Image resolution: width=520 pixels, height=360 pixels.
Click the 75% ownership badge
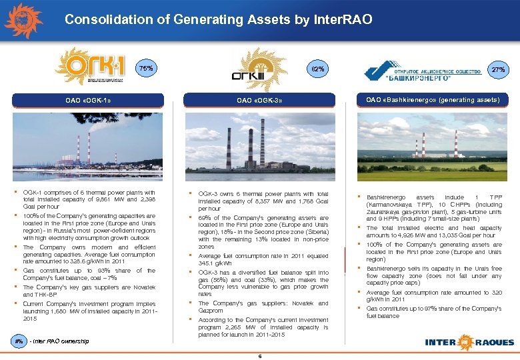tap(145, 69)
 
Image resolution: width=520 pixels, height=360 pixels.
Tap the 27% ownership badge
tap(498, 69)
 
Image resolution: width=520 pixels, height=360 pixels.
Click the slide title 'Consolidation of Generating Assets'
tap(218, 20)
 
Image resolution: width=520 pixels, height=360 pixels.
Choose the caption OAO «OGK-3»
tap(261, 101)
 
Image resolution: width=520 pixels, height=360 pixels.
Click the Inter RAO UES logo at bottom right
tap(470, 342)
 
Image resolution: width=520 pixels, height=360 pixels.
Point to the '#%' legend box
tap(19, 341)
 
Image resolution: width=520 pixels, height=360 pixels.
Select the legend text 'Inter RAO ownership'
tap(61, 341)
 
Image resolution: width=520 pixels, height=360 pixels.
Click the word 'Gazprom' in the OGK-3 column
tap(212, 311)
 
